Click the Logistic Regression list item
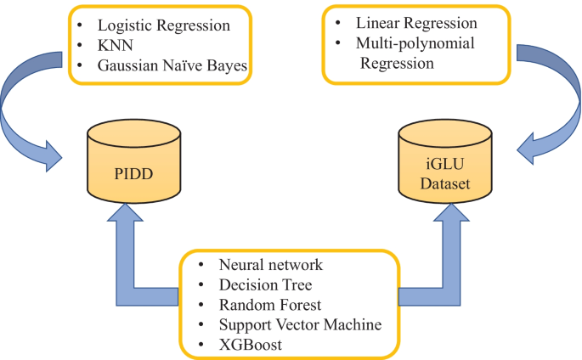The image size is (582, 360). [163, 25]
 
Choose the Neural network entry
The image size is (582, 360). [270, 266]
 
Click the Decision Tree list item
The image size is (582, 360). [265, 285]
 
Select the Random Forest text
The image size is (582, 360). [269, 305]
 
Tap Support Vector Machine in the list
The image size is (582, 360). [300, 324]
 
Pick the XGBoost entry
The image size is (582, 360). [249, 344]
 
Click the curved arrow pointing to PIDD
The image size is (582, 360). [25, 110]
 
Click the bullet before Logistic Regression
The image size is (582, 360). [81, 25]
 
